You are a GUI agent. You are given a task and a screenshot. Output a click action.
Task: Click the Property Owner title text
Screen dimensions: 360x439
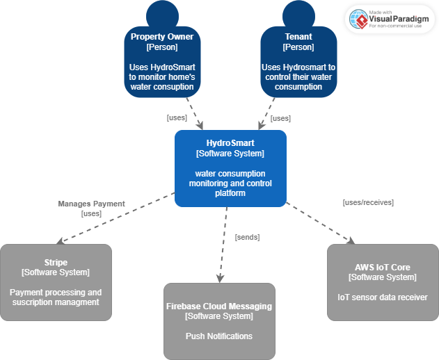pos(162,36)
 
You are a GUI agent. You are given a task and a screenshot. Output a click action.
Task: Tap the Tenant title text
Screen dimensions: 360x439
pos(298,36)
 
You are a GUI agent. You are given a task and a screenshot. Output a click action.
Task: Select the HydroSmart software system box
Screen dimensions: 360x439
pos(230,168)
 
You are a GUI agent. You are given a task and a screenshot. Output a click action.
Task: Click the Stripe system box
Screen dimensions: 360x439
pos(56,282)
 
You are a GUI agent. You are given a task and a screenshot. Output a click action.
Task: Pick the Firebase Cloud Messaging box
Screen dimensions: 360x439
pos(219,321)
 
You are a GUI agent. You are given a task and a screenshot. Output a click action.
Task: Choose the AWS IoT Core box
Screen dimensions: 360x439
pos(383,282)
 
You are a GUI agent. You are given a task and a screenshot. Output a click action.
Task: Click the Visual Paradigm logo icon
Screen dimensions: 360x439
pos(358,19)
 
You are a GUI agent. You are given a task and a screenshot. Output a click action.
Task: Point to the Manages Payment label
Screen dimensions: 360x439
pos(91,204)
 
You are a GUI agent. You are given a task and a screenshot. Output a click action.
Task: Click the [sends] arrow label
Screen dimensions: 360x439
pos(247,237)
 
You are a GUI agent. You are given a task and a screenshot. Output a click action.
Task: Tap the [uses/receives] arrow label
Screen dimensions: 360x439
pos(368,202)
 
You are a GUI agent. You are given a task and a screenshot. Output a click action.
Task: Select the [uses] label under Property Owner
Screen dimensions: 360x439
pos(177,117)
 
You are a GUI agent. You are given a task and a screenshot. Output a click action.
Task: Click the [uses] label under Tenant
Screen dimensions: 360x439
pos(280,118)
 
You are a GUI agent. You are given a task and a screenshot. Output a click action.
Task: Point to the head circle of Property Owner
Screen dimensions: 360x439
pos(162,14)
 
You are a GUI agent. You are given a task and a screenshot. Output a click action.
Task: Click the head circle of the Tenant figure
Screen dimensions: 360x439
pos(298,14)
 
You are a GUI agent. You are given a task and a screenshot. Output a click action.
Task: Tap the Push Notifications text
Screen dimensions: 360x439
pos(219,336)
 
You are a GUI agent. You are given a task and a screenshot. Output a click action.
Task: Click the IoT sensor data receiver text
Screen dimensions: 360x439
pos(383,297)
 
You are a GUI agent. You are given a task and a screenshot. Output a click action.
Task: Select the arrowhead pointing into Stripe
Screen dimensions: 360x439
pos(60,241)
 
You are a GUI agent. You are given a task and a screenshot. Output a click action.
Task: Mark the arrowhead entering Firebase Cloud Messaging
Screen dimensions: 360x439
pos(220,279)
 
